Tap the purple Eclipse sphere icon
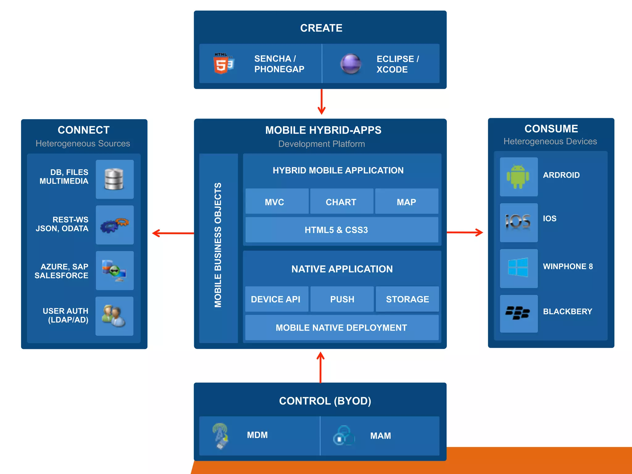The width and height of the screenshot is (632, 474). [351, 64]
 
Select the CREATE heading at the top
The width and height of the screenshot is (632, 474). [321, 28]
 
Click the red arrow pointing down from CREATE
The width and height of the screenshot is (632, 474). [322, 102]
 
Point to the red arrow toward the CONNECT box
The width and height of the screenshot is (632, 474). [173, 233]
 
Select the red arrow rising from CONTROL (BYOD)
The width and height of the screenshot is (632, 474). [321, 367]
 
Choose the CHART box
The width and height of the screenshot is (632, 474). [341, 202]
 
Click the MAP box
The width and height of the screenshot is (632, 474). [406, 202]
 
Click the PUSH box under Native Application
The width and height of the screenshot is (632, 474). [342, 299]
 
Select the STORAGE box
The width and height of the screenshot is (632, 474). [407, 299]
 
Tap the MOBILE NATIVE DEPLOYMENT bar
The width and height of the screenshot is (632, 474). [342, 328]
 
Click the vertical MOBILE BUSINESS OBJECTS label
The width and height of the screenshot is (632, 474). [218, 245]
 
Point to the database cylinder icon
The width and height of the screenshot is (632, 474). [114, 179]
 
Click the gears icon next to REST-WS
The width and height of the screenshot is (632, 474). [114, 225]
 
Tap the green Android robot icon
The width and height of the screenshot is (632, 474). [518, 177]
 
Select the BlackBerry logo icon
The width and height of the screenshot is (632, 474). [518, 313]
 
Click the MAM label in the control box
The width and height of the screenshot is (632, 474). [380, 436]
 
